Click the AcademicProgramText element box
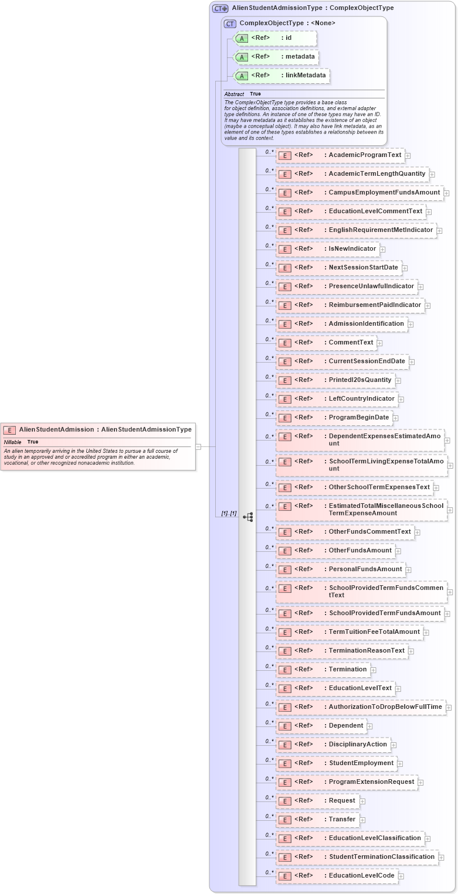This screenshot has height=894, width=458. click(x=340, y=155)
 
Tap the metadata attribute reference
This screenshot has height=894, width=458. click(x=276, y=57)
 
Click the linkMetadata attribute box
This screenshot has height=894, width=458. click(x=281, y=76)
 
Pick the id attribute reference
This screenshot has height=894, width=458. click(x=275, y=38)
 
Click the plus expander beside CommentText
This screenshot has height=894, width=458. click(x=380, y=343)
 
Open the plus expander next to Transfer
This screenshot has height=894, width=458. click(x=363, y=820)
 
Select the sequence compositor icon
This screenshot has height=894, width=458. click(x=248, y=517)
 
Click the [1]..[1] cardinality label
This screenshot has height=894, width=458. click(x=229, y=514)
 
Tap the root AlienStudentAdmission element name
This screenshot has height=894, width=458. click(x=56, y=429)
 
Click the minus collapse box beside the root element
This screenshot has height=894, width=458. click(x=198, y=446)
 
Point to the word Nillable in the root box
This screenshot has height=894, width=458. click(x=13, y=442)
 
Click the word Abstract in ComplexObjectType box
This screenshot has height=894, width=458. click(x=234, y=94)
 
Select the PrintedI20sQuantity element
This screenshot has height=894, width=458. click(x=335, y=380)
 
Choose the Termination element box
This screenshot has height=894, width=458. click(x=323, y=670)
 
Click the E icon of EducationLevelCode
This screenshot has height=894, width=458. click(x=284, y=876)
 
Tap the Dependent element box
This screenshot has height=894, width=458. click(x=321, y=726)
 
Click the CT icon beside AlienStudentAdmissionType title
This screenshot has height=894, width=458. click(x=220, y=8)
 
